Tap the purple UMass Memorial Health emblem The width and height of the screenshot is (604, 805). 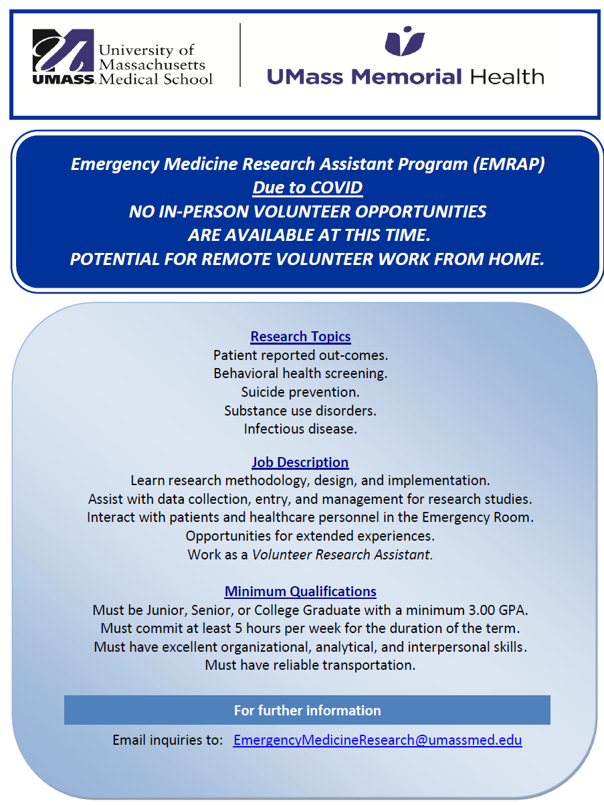[x=405, y=41]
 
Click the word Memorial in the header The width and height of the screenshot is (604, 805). [x=407, y=76]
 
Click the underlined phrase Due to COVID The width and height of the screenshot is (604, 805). [x=308, y=187]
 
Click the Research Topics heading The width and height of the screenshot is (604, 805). [x=300, y=336]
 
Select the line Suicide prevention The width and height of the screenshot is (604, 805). [x=300, y=391]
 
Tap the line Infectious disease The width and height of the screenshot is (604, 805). [x=300, y=429]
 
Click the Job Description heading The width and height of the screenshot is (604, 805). [x=300, y=462]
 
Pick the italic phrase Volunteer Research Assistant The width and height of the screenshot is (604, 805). [x=341, y=555]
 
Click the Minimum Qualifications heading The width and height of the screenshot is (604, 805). [x=300, y=592]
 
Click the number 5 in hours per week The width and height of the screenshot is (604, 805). [x=238, y=628]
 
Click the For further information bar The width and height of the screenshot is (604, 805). [x=307, y=710]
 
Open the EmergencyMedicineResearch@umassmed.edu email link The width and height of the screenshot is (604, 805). [x=377, y=740]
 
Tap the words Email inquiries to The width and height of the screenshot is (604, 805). [x=167, y=740]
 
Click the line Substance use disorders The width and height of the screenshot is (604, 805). [x=300, y=410]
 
